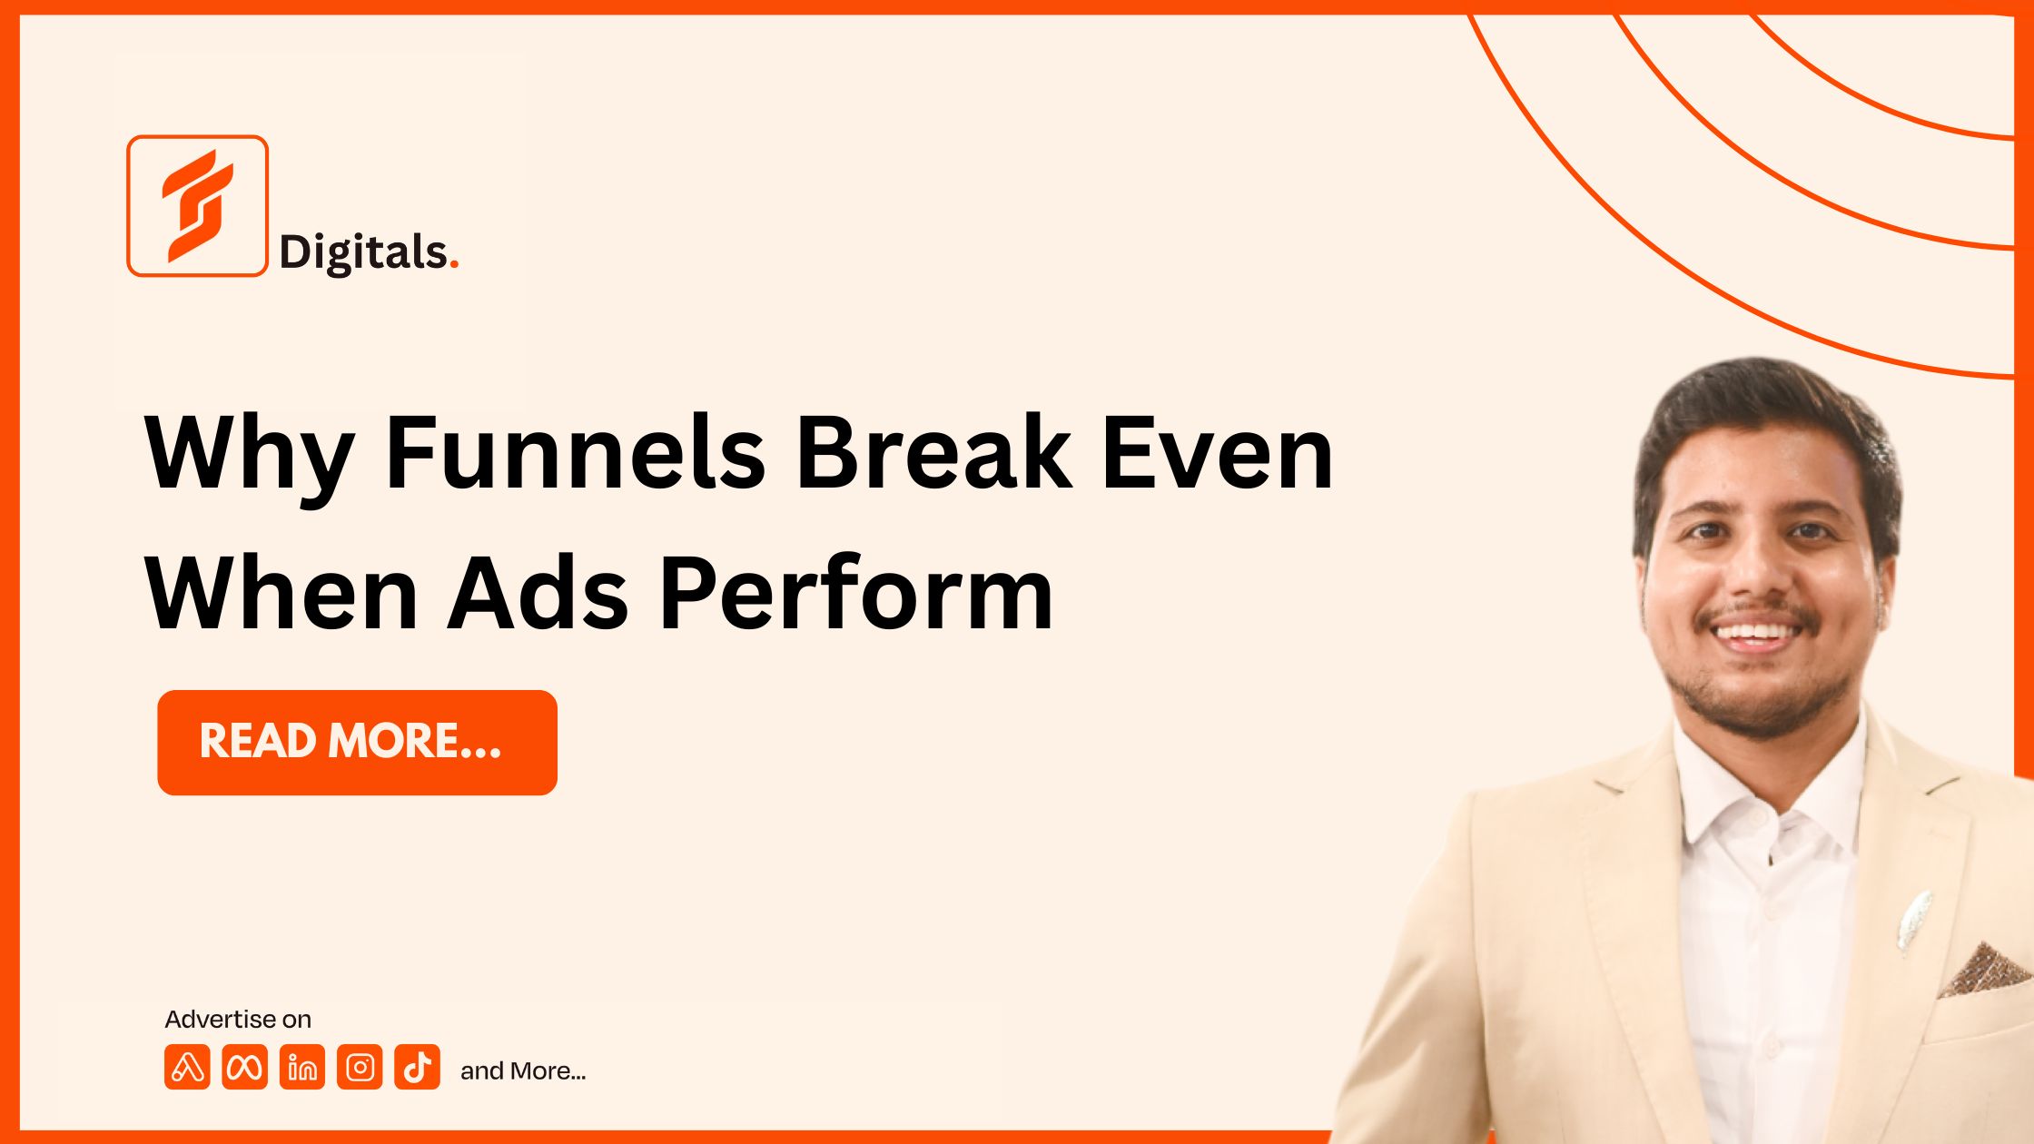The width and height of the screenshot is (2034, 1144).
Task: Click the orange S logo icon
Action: point(197,205)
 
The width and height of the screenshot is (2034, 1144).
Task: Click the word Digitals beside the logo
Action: point(364,253)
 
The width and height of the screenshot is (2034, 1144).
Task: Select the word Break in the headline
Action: point(934,452)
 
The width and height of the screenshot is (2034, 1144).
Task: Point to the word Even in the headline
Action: point(1218,452)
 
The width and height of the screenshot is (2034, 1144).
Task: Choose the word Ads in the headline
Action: point(538,592)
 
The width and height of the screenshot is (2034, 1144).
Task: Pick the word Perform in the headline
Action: point(856,592)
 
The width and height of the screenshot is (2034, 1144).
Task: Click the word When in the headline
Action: point(281,592)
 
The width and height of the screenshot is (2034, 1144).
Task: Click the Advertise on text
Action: point(238,1020)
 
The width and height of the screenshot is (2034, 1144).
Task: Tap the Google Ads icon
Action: point(187,1067)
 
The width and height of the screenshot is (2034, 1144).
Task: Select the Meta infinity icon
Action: point(244,1067)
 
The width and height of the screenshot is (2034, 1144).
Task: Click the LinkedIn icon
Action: point(302,1067)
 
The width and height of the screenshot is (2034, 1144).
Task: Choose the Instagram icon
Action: point(360,1067)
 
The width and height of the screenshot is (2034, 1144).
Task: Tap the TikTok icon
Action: point(418,1067)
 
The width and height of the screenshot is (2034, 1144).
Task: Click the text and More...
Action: point(523,1071)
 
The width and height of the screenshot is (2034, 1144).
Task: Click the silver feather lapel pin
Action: point(1914,921)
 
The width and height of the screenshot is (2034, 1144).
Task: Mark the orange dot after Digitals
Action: point(454,265)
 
